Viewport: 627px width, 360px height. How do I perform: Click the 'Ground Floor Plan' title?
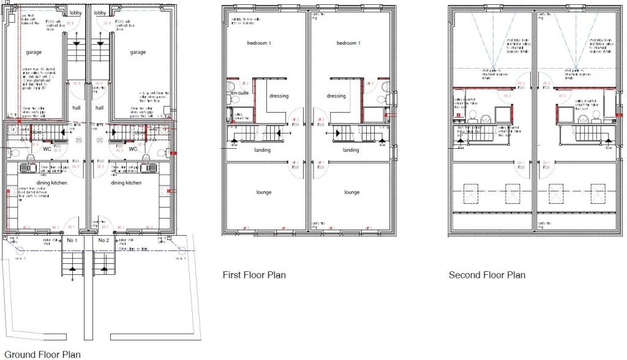tap(42, 354)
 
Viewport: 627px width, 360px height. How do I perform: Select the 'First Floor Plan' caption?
tap(253, 275)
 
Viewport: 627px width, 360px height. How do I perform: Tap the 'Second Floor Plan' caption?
tap(487, 275)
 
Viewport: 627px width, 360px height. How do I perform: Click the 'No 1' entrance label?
tap(72, 240)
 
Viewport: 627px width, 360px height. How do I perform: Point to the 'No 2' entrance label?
tap(103, 240)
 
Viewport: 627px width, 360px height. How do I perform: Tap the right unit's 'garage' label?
tap(138, 52)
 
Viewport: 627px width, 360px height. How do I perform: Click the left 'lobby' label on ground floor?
tap(76, 13)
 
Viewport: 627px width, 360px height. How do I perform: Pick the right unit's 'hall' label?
tap(99, 107)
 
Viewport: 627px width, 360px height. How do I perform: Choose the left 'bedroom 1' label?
tap(258, 43)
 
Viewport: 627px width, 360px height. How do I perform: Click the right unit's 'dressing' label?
tap(336, 96)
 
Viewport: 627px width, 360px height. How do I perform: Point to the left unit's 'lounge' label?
tap(263, 192)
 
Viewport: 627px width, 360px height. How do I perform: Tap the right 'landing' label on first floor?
tap(351, 150)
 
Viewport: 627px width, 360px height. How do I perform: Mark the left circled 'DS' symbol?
tap(78, 140)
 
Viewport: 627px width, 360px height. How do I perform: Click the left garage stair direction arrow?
tap(76, 43)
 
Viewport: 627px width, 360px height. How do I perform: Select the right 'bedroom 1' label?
tap(348, 43)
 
